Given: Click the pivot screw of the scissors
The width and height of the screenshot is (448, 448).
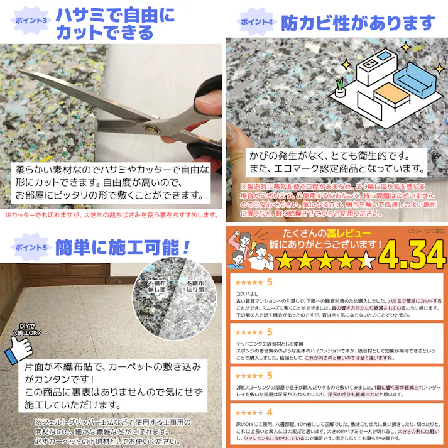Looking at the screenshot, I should pos(151,128).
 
